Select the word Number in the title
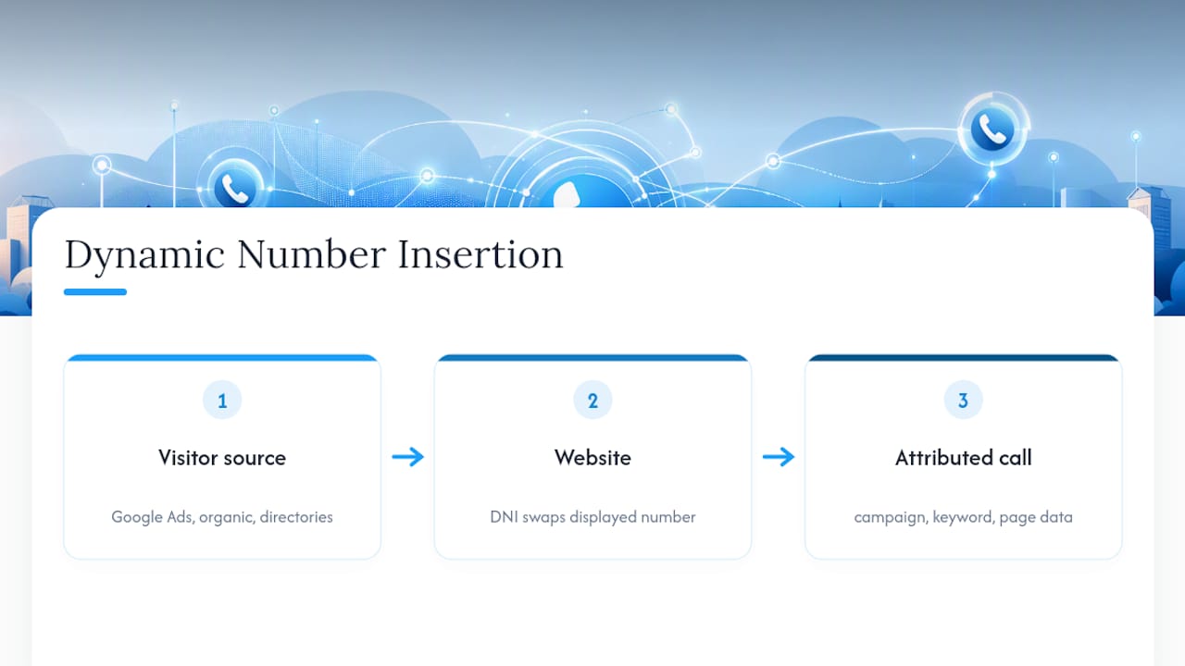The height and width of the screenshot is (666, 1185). point(312,254)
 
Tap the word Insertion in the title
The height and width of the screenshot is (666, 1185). point(480,254)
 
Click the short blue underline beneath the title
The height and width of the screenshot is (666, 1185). point(95,291)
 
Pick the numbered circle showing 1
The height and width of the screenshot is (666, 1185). point(222,401)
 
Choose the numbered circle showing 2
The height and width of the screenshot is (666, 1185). point(592,401)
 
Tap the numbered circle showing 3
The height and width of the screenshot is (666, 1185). point(964,401)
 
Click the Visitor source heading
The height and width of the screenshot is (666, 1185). point(222,458)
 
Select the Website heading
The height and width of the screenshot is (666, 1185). point(592,458)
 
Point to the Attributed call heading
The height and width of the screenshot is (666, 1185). point(964,458)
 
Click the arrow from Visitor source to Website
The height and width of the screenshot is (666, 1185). point(408,457)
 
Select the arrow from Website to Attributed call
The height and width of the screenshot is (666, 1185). point(779,457)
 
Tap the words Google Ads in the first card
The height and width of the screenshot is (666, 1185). point(152,516)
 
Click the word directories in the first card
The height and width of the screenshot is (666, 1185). point(296,516)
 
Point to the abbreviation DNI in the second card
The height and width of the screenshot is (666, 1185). point(504,516)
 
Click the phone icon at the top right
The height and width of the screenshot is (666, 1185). point(992,129)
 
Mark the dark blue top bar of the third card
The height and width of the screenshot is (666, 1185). point(964,358)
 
